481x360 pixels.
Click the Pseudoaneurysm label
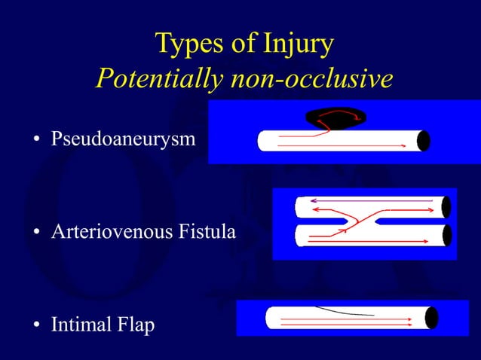point(123,140)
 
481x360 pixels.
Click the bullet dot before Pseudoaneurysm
point(35,141)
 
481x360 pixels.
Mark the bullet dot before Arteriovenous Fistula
point(35,233)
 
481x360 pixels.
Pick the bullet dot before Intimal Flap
point(35,327)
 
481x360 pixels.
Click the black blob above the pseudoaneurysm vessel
point(335,117)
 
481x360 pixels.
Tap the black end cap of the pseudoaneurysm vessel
point(424,141)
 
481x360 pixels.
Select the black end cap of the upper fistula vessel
point(446,207)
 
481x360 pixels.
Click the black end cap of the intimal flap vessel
point(431,318)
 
